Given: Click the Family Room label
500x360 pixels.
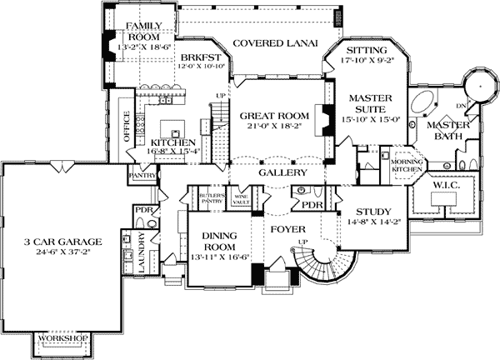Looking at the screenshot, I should click(142, 32).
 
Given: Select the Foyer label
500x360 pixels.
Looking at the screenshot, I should click(285, 227).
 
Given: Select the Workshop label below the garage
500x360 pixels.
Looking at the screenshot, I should click(65, 337).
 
